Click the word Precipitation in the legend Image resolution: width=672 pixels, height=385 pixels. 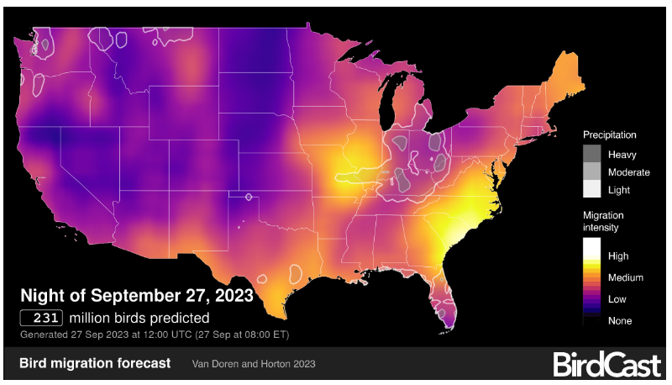tap(609, 134)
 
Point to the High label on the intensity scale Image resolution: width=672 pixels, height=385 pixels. tap(618, 256)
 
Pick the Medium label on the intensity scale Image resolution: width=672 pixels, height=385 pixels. tap(625, 277)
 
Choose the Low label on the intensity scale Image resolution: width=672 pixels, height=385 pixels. tap(617, 299)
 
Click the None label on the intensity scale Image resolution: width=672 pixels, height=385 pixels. tap(620, 320)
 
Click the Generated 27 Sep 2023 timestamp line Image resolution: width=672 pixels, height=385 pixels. tap(155, 334)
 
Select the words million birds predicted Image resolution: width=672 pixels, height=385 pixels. tap(139, 318)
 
